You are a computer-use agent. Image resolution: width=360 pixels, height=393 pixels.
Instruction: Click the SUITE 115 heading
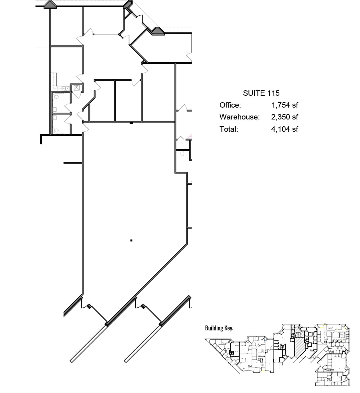click(261, 93)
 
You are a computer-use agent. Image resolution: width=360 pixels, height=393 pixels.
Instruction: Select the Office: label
click(230, 105)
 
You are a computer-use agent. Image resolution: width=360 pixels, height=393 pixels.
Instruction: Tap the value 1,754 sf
click(284, 105)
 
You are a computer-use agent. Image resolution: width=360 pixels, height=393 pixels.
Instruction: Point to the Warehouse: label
click(239, 117)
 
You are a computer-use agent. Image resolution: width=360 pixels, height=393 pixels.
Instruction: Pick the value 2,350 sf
click(284, 117)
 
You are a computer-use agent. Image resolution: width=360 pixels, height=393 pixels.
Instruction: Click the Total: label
click(229, 129)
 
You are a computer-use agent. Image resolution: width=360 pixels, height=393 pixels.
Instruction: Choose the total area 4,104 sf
click(284, 129)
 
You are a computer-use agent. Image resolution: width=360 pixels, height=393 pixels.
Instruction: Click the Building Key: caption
click(219, 328)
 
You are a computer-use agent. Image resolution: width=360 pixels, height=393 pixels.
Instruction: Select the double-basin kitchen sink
click(65, 88)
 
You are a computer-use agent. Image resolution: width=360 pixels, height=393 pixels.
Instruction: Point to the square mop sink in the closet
click(77, 87)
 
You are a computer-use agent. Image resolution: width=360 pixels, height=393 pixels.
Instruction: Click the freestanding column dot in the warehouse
click(131, 240)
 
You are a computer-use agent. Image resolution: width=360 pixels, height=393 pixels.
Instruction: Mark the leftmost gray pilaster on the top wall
click(50, 5)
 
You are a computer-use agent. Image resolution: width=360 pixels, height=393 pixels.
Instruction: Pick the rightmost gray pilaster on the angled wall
click(157, 31)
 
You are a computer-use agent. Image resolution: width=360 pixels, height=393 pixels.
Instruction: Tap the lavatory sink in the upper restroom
click(54, 109)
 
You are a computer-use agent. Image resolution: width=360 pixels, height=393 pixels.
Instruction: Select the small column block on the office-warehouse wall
click(131, 123)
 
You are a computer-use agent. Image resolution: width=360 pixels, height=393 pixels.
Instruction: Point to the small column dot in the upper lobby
click(94, 35)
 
